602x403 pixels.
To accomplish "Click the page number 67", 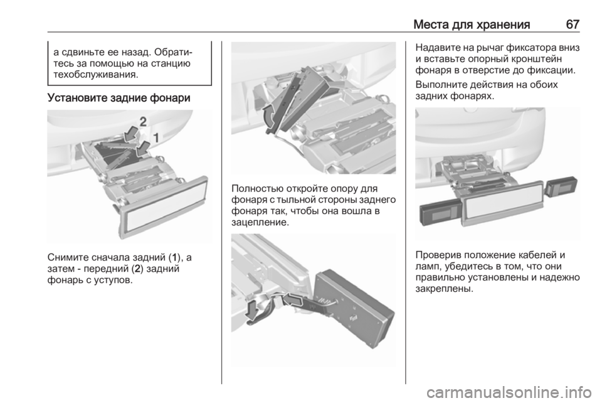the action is coord(573,24).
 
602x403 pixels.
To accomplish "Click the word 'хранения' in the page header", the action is coord(502,25).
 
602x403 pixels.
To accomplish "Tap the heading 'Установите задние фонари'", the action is coord(119,98).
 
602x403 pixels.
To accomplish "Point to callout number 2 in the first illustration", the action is coord(143,122).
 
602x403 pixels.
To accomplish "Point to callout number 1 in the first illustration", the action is coord(156,137).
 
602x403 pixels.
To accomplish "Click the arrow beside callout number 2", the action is coord(132,134).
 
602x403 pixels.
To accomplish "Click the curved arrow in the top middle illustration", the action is coord(270,116).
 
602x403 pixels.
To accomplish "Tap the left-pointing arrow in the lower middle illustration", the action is coord(293,299).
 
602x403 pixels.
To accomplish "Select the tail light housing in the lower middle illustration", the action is coord(353,308).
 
